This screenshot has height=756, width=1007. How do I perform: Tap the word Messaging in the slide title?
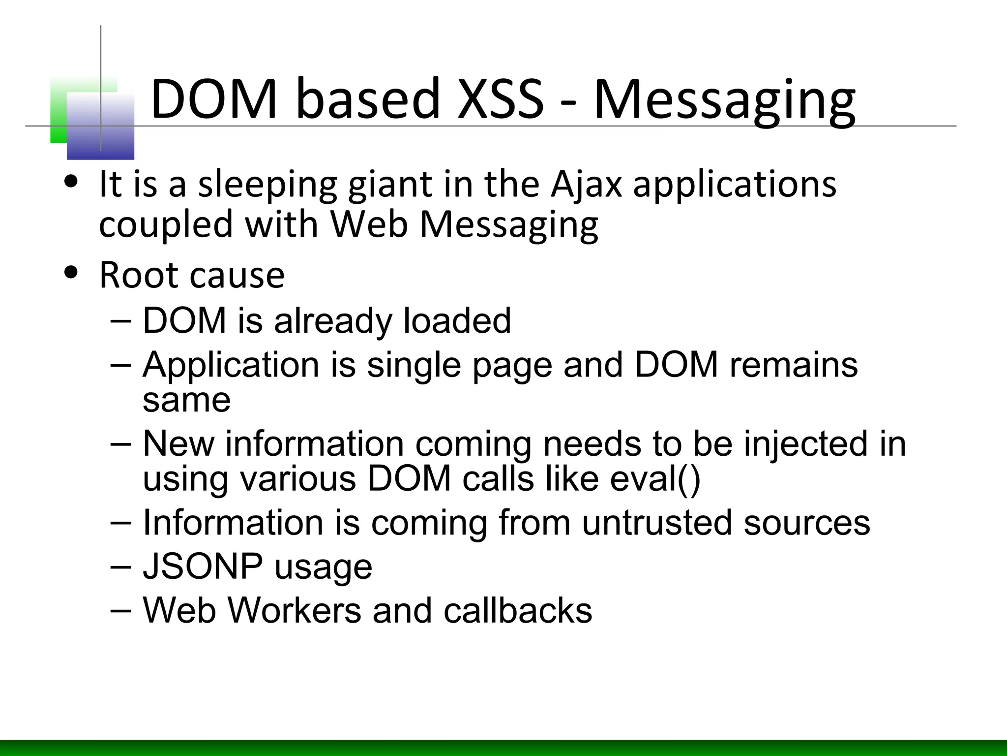[724, 101]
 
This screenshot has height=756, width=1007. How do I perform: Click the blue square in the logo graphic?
[100, 127]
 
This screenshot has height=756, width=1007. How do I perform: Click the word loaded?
[457, 320]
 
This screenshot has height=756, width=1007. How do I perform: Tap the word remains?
[794, 365]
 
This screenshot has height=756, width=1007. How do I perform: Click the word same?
[186, 400]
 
